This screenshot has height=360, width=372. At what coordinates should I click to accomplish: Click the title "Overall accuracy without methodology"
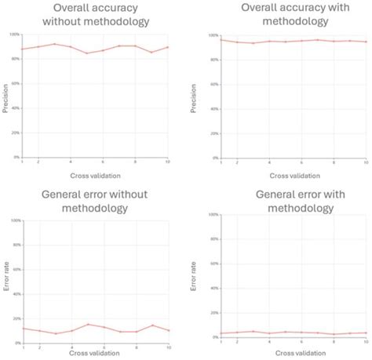pyautogui.click(x=96, y=15)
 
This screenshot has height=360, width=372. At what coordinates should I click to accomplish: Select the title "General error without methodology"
pyautogui.click(x=96, y=202)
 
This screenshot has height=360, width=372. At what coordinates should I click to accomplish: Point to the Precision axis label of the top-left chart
pyautogui.click(x=5, y=98)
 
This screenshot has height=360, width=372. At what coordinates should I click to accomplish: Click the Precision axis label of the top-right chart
pyautogui.click(x=195, y=98)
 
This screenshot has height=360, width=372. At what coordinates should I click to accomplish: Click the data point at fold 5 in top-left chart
pyautogui.click(x=88, y=53)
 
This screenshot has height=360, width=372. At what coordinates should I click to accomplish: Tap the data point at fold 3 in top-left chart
pyautogui.click(x=55, y=44)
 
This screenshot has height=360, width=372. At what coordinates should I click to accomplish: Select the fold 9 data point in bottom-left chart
pyautogui.click(x=152, y=325)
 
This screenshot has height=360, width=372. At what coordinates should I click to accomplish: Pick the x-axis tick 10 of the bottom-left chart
pyautogui.click(x=168, y=347)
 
